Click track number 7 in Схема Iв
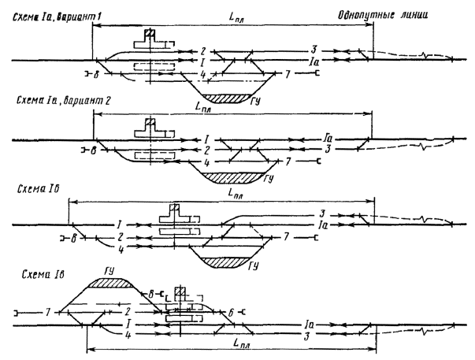48,312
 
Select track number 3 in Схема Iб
323,213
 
